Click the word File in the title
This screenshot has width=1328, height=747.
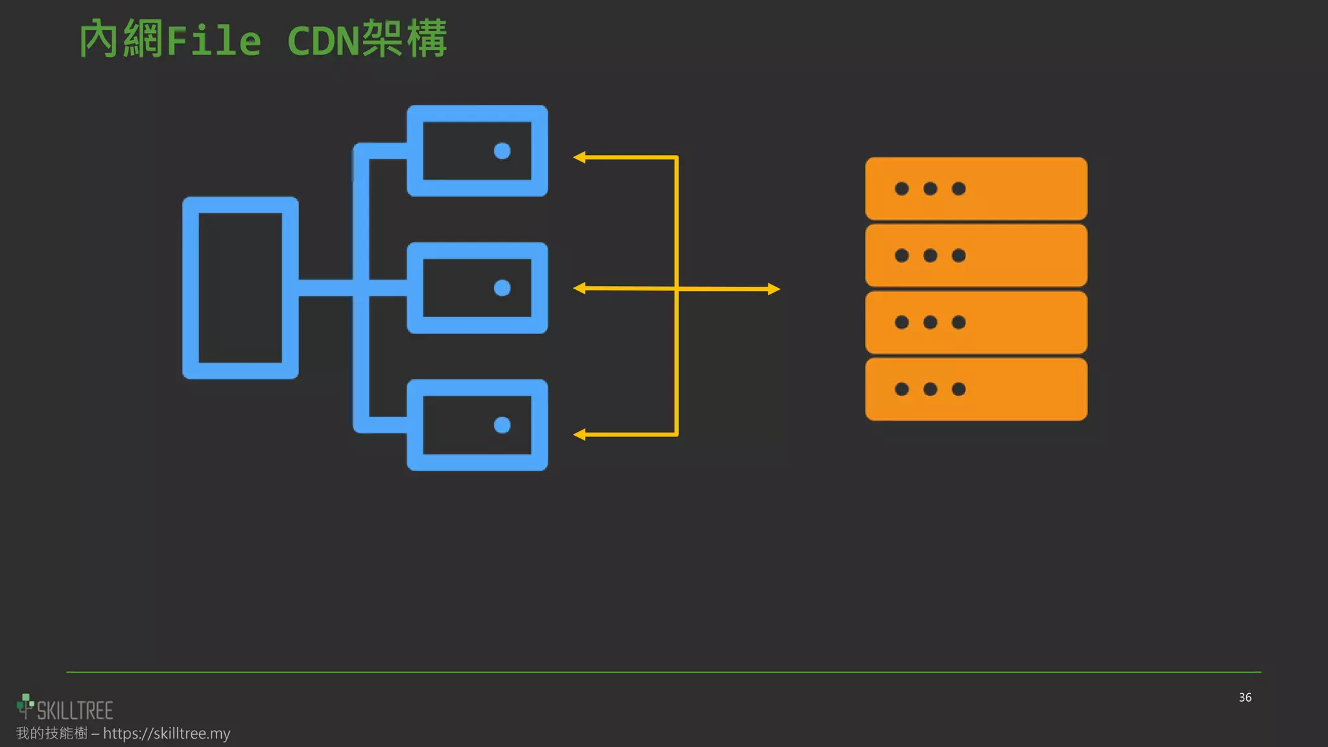point(214,40)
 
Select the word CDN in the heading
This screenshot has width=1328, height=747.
point(323,41)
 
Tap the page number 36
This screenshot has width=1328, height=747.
point(1245,697)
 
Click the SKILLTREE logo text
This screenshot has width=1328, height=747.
point(75,711)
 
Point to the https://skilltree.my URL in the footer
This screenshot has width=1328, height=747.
point(167,733)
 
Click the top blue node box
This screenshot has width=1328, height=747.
point(477,150)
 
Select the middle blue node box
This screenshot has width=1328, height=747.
point(477,288)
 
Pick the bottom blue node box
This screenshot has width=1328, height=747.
point(477,425)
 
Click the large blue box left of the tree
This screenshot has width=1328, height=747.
point(241,288)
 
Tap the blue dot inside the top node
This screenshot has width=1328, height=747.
point(503,151)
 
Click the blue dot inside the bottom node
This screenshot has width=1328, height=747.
point(503,425)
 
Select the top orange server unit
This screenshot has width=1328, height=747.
point(976,189)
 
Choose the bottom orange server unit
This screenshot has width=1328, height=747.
point(976,389)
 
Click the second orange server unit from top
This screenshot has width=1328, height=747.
point(976,255)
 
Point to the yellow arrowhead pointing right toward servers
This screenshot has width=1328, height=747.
point(774,289)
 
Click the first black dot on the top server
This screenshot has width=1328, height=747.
point(901,189)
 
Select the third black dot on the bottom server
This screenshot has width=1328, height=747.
point(958,389)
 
